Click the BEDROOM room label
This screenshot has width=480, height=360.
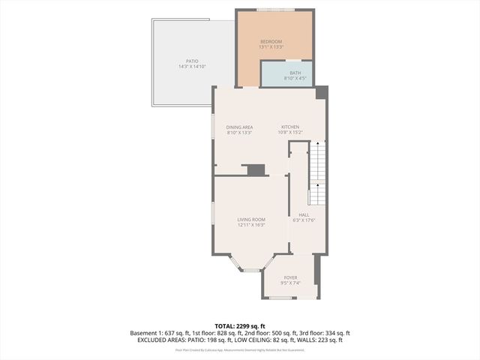point(271,40)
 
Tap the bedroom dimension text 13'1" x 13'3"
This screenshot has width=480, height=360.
point(271,46)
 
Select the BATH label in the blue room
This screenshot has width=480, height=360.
point(285,73)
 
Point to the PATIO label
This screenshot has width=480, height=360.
point(192,61)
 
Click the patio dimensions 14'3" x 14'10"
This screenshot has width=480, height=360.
point(192,67)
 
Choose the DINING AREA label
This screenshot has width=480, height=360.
point(239,127)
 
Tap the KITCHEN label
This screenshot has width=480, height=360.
point(290,127)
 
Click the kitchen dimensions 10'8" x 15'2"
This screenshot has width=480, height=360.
point(290,133)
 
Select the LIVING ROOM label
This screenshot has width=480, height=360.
point(251,219)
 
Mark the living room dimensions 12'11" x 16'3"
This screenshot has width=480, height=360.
point(251,225)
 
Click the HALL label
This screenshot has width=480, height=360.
point(304,214)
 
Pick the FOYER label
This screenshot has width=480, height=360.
point(290,277)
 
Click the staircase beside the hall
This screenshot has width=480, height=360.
point(318,172)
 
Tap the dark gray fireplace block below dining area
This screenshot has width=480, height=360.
point(256,169)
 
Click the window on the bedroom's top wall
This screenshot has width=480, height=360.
point(274,10)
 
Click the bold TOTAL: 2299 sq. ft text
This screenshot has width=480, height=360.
point(240,326)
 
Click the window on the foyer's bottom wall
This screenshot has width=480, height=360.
point(280,298)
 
